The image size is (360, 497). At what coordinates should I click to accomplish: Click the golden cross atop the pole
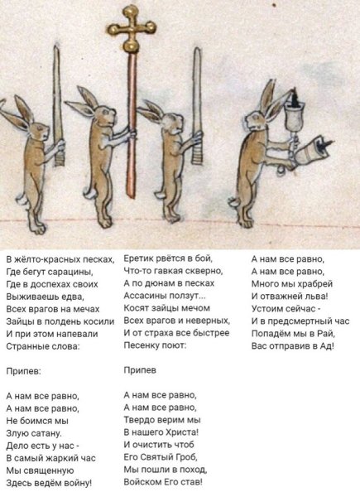[132, 28]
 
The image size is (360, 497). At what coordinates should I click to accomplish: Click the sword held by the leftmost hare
[57, 105]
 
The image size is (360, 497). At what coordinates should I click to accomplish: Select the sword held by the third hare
[197, 106]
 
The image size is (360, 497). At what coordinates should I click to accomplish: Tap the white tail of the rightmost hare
[234, 202]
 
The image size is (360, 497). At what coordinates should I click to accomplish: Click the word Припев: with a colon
[24, 371]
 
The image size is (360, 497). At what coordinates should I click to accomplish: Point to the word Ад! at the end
[327, 345]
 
